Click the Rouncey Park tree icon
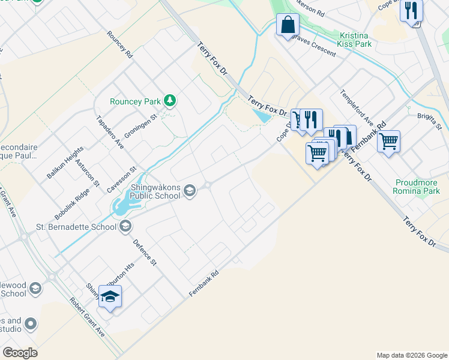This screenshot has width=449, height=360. (x=170, y=101)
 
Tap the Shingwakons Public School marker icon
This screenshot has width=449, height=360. (x=190, y=191)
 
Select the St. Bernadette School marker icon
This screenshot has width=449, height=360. (x=125, y=227)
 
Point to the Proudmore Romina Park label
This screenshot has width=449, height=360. (x=418, y=187)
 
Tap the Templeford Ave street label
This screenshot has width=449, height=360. (x=357, y=105)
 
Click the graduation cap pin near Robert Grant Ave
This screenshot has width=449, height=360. (x=110, y=296)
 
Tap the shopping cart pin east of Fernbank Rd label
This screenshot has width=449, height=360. (x=388, y=142)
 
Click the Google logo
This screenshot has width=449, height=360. (x=20, y=353)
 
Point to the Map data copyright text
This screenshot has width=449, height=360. (x=411, y=355)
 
